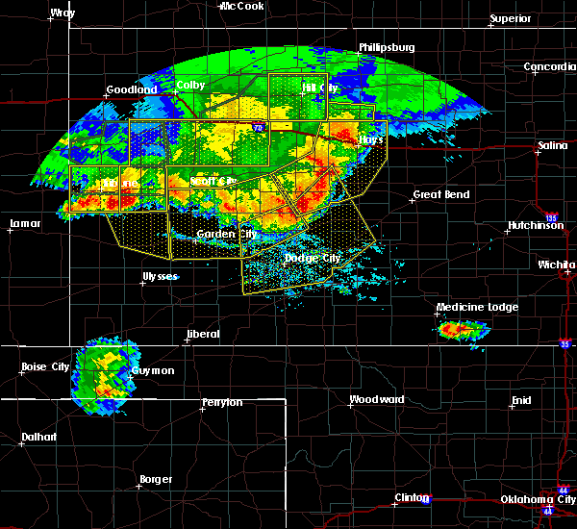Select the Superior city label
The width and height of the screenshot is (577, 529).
[511, 18]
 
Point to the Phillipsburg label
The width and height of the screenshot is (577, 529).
[387, 46]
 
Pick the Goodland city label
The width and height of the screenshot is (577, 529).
[131, 89]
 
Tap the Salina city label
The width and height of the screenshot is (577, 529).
[552, 144]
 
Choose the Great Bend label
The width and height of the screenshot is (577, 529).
[440, 194]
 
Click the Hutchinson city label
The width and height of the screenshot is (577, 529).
[534, 226]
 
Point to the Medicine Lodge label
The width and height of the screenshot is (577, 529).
[477, 308]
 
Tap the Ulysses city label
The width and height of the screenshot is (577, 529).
[160, 276]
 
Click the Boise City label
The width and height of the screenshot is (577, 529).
[44, 366]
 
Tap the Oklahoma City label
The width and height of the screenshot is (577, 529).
[539, 499]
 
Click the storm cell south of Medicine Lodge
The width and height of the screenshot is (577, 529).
[464, 331]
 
